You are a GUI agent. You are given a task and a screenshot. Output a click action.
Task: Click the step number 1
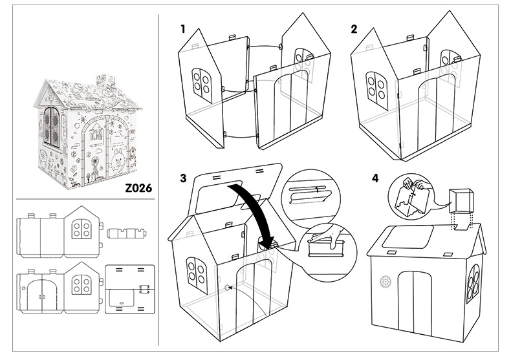click(x=183, y=29)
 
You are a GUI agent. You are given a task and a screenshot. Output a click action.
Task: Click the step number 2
click(x=354, y=29)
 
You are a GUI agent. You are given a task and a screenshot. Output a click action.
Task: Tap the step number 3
click(x=184, y=178)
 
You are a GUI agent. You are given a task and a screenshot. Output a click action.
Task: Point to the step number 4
click(x=375, y=178)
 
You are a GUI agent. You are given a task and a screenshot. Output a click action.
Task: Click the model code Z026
click(x=138, y=188)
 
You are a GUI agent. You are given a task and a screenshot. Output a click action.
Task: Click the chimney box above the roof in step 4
click(x=461, y=200)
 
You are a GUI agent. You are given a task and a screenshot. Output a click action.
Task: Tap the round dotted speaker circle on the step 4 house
click(x=386, y=282)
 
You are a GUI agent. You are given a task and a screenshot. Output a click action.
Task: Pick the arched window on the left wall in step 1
click(x=201, y=86)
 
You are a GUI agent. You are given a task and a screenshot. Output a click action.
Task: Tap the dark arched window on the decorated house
click(x=52, y=126)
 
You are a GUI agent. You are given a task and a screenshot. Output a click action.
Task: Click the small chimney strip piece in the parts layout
click(x=126, y=233)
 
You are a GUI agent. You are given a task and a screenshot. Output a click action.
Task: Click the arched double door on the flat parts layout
click(x=41, y=295)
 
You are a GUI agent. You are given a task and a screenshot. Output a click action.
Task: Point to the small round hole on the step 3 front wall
click(x=227, y=288)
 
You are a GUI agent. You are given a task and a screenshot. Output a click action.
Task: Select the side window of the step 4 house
click(x=473, y=282)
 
